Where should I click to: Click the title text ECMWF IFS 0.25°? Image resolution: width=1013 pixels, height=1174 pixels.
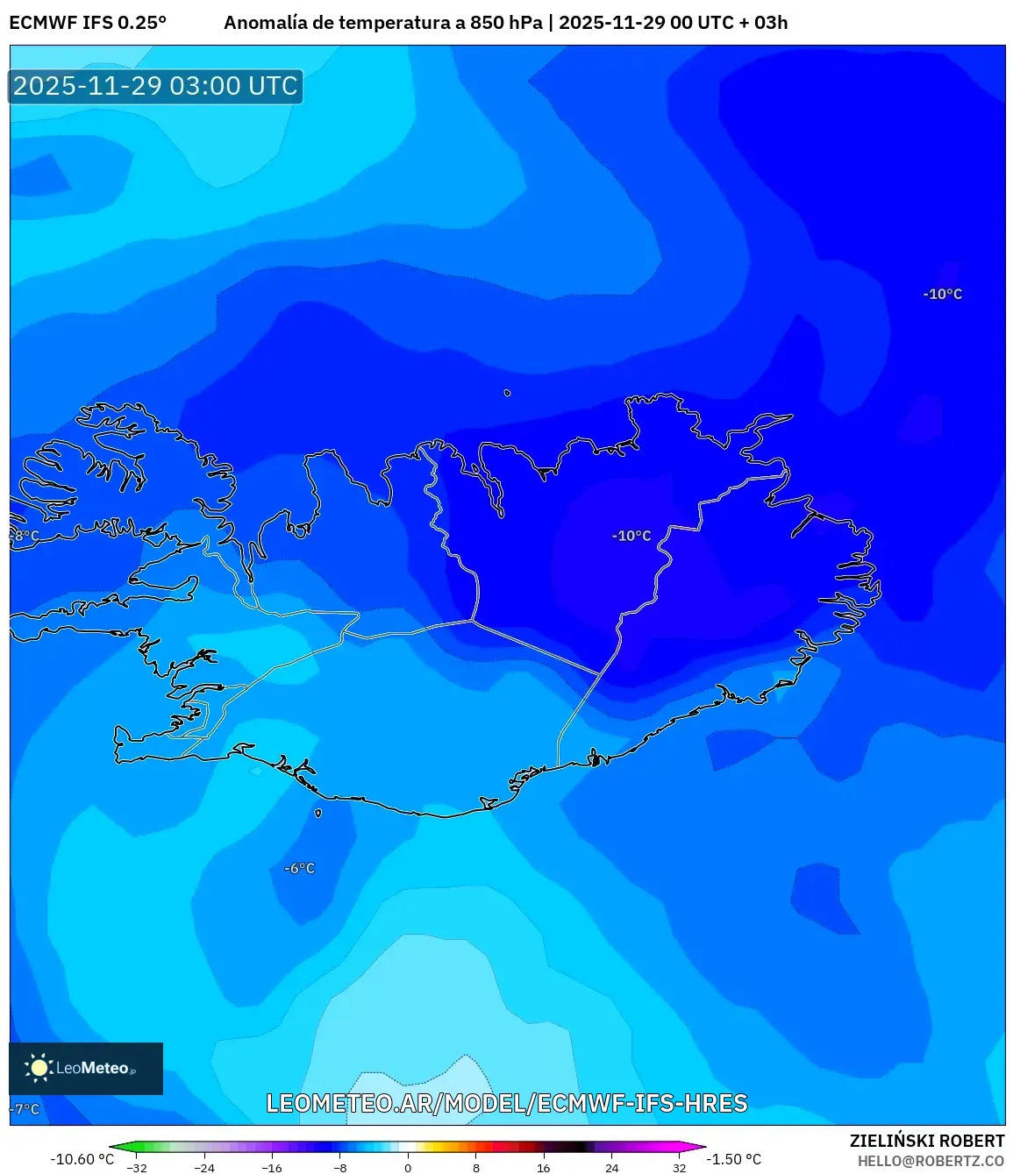pyautogui.click(x=88, y=23)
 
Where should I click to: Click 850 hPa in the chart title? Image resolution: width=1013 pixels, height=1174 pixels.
pyautogui.click(x=506, y=23)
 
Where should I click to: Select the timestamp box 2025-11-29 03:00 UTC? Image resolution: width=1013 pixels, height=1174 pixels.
pyautogui.click(x=156, y=86)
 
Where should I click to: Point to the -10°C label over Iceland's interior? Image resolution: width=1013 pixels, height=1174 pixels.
pyautogui.click(x=631, y=536)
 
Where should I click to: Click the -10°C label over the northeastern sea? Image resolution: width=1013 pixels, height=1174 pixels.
pyautogui.click(x=942, y=295)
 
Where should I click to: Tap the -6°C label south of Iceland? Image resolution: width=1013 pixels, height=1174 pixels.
pyautogui.click(x=299, y=868)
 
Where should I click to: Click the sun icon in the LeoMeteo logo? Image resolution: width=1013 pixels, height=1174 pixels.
pyautogui.click(x=39, y=1067)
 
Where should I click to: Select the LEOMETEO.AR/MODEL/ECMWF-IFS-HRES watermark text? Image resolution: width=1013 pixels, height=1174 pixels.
pyautogui.click(x=507, y=1104)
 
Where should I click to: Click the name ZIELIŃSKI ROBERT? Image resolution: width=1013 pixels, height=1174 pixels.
pyautogui.click(x=927, y=1141)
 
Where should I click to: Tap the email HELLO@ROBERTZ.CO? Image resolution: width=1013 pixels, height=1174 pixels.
pyautogui.click(x=931, y=1161)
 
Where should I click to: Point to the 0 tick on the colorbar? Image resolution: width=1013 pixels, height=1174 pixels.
pyautogui.click(x=408, y=1168)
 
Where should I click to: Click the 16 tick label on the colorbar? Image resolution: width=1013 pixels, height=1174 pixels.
pyautogui.click(x=544, y=1168)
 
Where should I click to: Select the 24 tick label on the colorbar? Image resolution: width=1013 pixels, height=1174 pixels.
pyautogui.click(x=611, y=1168)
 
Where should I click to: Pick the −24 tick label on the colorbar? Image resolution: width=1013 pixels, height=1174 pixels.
pyautogui.click(x=203, y=1168)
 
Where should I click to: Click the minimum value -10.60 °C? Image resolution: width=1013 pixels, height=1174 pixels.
pyautogui.click(x=82, y=1159)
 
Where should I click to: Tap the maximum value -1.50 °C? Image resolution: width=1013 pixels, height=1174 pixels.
pyautogui.click(x=734, y=1159)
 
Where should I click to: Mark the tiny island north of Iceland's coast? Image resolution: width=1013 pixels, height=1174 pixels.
pyautogui.click(x=507, y=393)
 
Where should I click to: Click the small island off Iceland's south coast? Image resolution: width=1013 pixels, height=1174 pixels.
pyautogui.click(x=317, y=813)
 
